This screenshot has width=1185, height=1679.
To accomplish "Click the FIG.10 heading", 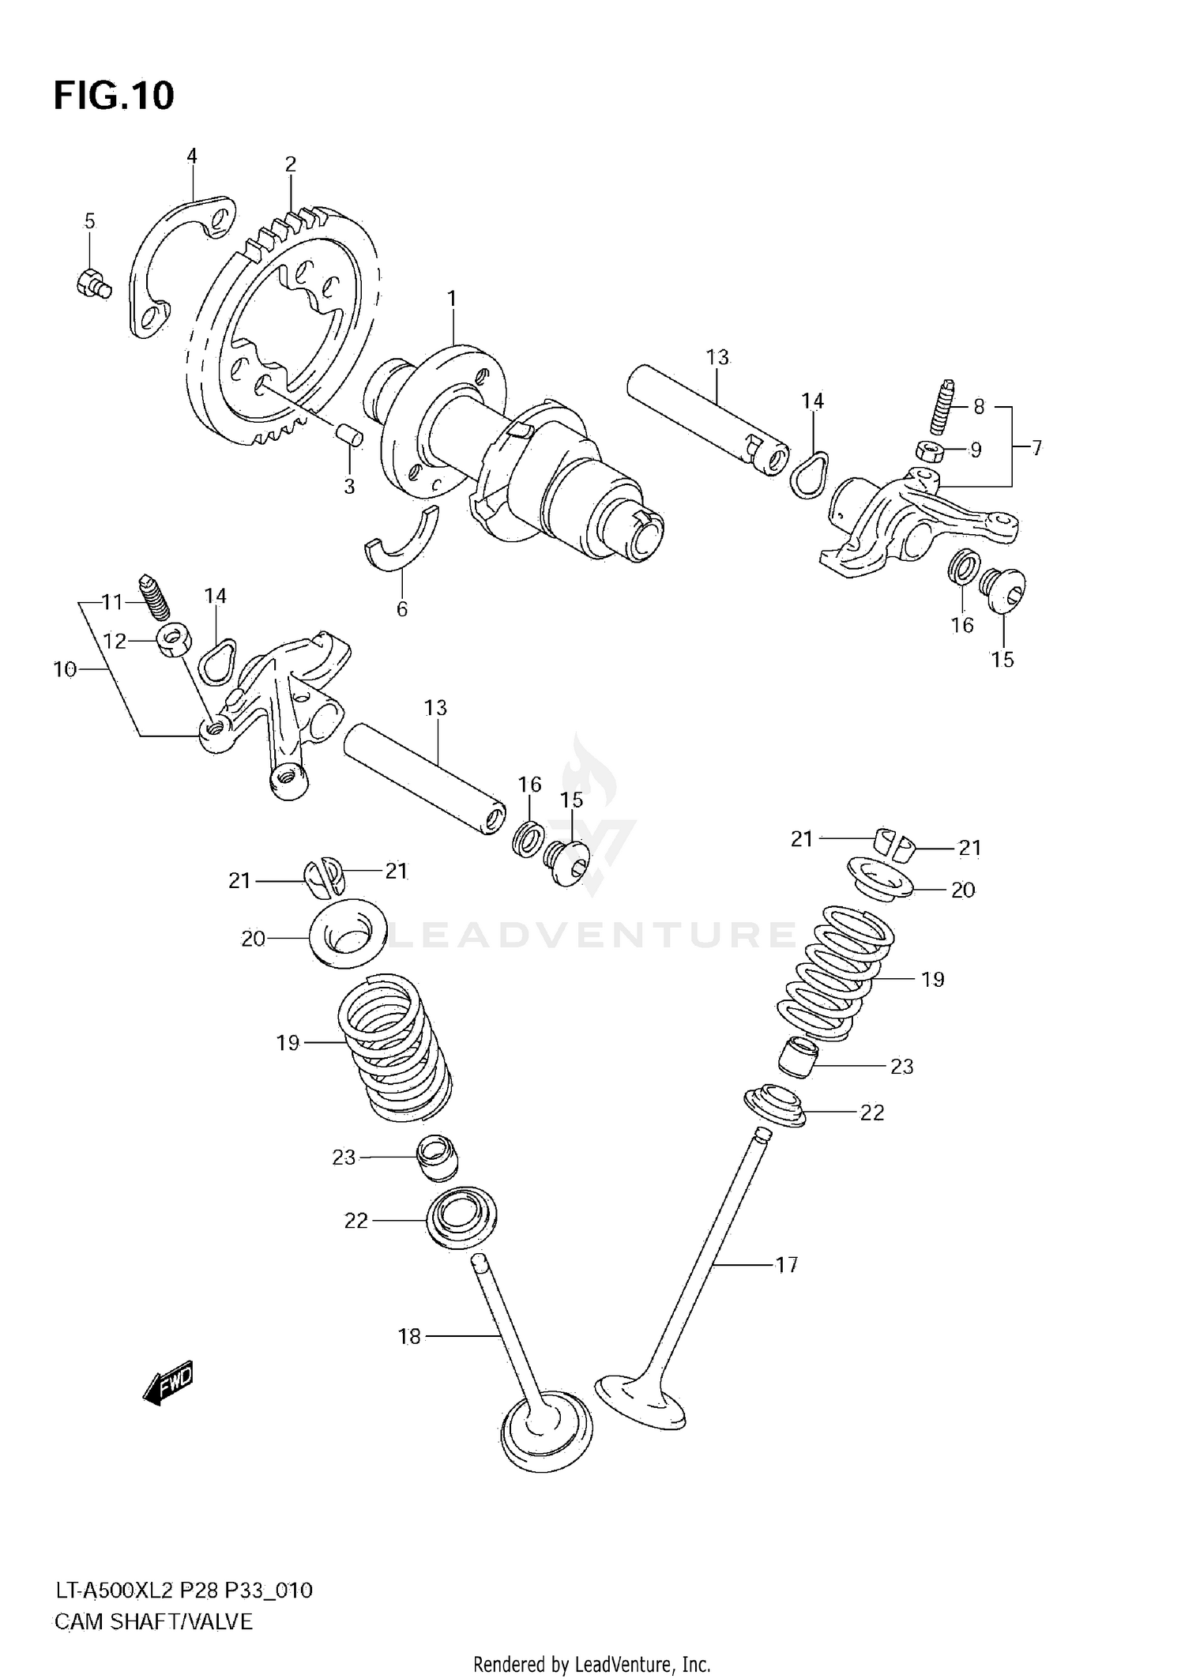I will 114,96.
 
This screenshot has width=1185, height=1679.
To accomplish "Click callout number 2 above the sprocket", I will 290,164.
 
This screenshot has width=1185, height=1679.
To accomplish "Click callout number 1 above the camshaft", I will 451,299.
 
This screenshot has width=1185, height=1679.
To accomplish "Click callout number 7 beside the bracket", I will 1036,449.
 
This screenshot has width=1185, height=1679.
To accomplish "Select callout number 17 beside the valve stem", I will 786,1265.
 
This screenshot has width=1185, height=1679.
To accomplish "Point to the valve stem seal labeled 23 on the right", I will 798,1057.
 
